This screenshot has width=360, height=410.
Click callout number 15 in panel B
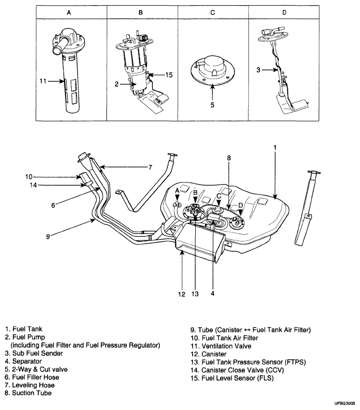point(169,75)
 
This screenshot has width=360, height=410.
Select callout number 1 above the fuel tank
point(275,147)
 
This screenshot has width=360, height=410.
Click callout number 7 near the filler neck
point(150,167)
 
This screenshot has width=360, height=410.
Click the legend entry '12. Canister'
point(209,354)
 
